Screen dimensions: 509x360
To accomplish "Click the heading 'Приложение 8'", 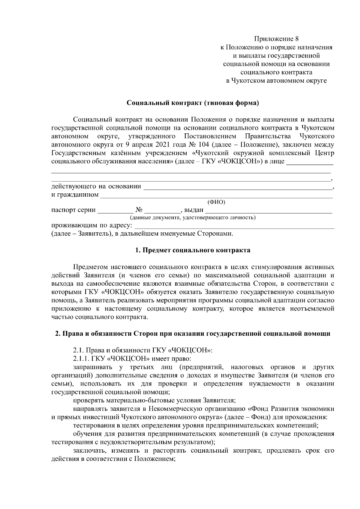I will point(276,39).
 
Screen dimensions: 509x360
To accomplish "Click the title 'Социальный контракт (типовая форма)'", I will point(193,103).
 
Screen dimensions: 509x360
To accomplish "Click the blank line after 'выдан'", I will point(269,210).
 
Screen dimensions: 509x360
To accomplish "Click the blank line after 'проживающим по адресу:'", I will point(234,226).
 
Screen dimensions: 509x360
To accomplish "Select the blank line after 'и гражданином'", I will point(216,195).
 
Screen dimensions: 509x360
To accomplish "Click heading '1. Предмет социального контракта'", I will point(193,250).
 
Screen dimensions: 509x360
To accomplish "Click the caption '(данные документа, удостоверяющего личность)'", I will point(192,217).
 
